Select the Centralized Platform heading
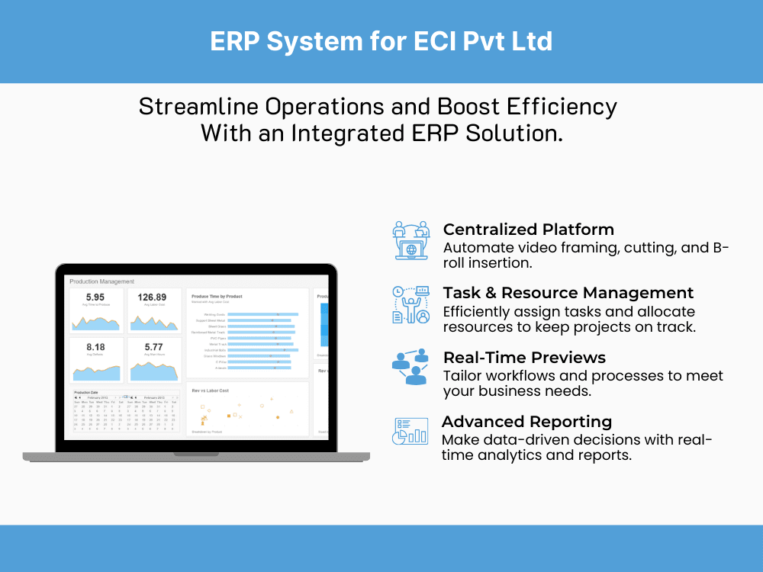point(528,230)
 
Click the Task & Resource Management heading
point(568,293)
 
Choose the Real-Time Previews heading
point(524,358)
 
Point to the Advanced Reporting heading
point(526,422)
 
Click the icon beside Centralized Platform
point(411,240)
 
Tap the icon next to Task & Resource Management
point(411,304)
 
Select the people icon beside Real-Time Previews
point(411,368)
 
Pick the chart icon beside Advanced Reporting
point(410,432)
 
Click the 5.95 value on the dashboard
point(95,297)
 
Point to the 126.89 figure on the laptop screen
point(152,297)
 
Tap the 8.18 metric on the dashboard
point(95,347)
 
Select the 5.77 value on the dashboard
point(153,347)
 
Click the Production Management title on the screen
point(101,281)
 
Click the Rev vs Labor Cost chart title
point(210,390)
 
